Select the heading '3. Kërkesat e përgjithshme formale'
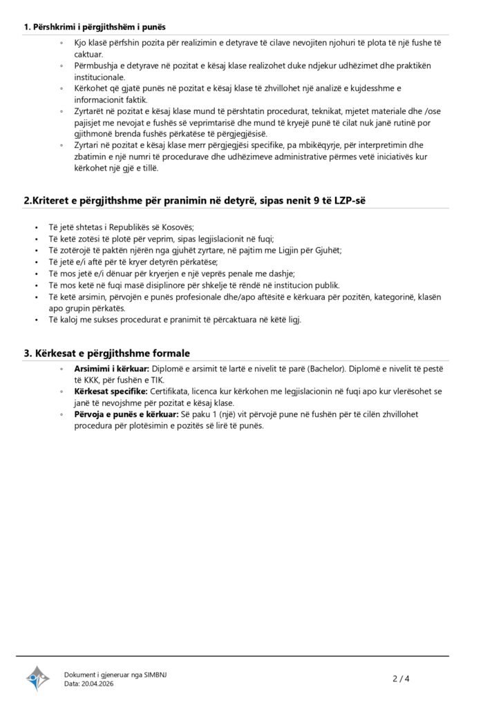(107, 353)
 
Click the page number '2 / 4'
(401, 678)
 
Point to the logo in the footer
(38, 678)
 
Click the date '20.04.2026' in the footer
(98, 684)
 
